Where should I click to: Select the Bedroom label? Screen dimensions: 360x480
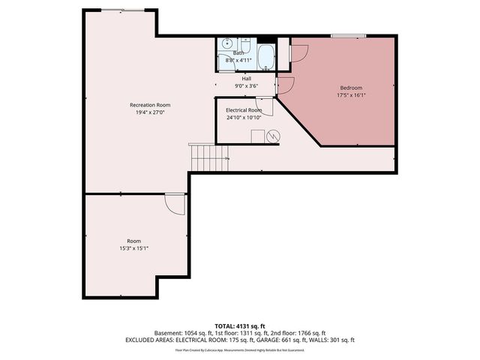pos(351,88)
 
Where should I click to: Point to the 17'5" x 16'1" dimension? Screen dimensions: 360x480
pos(351,96)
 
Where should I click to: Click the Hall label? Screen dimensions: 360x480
pos(246,78)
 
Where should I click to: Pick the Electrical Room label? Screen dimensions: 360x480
pos(244,110)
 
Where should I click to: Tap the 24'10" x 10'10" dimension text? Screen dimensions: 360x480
pos(244,118)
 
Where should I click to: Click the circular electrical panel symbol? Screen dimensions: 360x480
pos(273,136)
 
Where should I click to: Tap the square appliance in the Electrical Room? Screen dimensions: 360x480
pos(256,136)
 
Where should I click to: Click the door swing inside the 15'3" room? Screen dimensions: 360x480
pos(175,204)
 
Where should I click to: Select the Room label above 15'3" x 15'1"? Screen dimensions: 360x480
pos(133,241)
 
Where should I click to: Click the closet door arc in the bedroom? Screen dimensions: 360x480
pos(298,52)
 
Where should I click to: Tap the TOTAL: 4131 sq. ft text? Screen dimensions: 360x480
pos(240,325)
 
